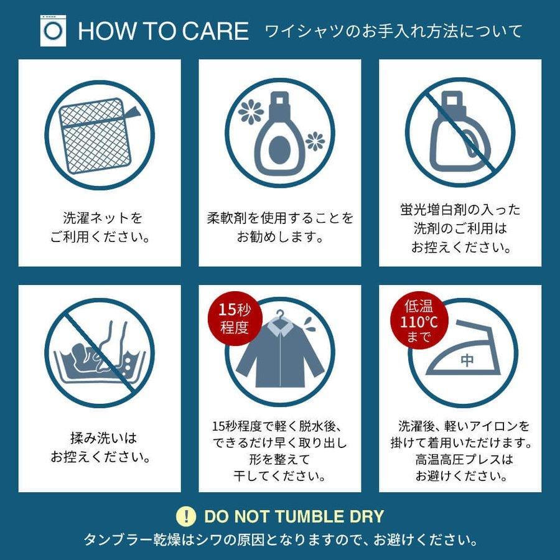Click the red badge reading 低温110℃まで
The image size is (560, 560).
click(413, 321)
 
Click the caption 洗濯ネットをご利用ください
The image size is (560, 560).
click(100, 228)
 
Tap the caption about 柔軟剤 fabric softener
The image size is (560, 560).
click(280, 228)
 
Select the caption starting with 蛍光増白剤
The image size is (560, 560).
click(460, 228)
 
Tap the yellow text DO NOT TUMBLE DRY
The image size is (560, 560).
click(294, 516)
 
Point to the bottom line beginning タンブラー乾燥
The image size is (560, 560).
click(280, 539)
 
